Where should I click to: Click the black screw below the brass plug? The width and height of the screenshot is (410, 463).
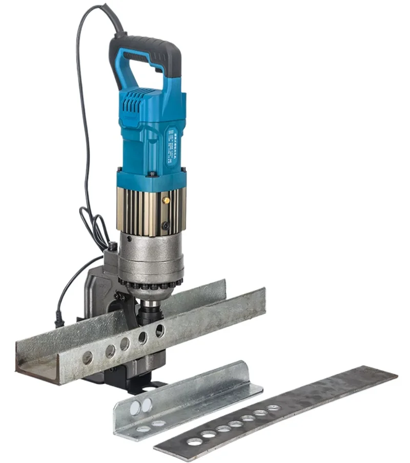(x=165, y=225)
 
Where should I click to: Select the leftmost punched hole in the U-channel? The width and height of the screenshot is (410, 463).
(x=88, y=358)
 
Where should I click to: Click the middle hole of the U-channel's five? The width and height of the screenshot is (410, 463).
(x=125, y=344)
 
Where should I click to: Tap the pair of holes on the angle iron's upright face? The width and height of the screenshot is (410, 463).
(x=140, y=407)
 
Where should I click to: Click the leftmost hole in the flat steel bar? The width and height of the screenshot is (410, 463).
(x=194, y=441)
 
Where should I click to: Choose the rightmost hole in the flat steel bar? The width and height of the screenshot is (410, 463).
(x=273, y=408)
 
